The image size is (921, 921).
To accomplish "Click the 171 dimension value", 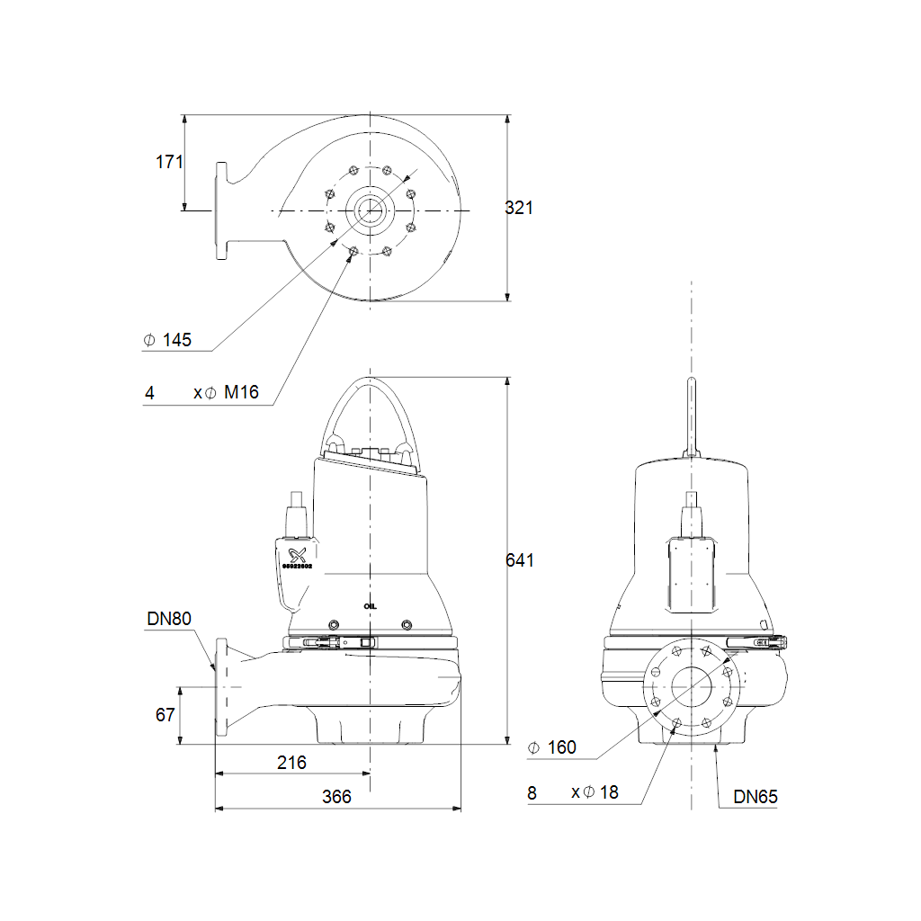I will pos(169,162).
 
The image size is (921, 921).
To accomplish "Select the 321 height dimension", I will pos(519,208).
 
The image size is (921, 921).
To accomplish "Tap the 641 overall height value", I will pos(519,560).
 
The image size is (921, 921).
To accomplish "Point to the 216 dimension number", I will pos(291,763).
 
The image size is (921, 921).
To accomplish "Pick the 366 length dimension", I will pos(336,797).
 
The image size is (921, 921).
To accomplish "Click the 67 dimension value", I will pos(165,715).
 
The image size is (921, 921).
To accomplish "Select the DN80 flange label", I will pos(169,619).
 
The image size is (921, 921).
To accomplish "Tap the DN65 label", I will pos(756,796).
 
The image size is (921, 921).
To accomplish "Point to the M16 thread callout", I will pos(242,393).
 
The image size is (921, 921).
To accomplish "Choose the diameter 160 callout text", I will pos(561,747).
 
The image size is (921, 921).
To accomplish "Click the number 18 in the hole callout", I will pos(609,792).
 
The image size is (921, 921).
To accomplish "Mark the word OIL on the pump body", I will pos(371,606).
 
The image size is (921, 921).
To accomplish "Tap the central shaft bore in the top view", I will pos(369,210).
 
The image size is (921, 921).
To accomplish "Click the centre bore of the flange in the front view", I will pos(692,689).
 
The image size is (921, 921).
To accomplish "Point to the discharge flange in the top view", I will pos(221,211).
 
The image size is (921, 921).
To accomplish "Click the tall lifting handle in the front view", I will pos(691,418).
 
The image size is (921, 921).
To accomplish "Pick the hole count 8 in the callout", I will pos(532,792).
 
